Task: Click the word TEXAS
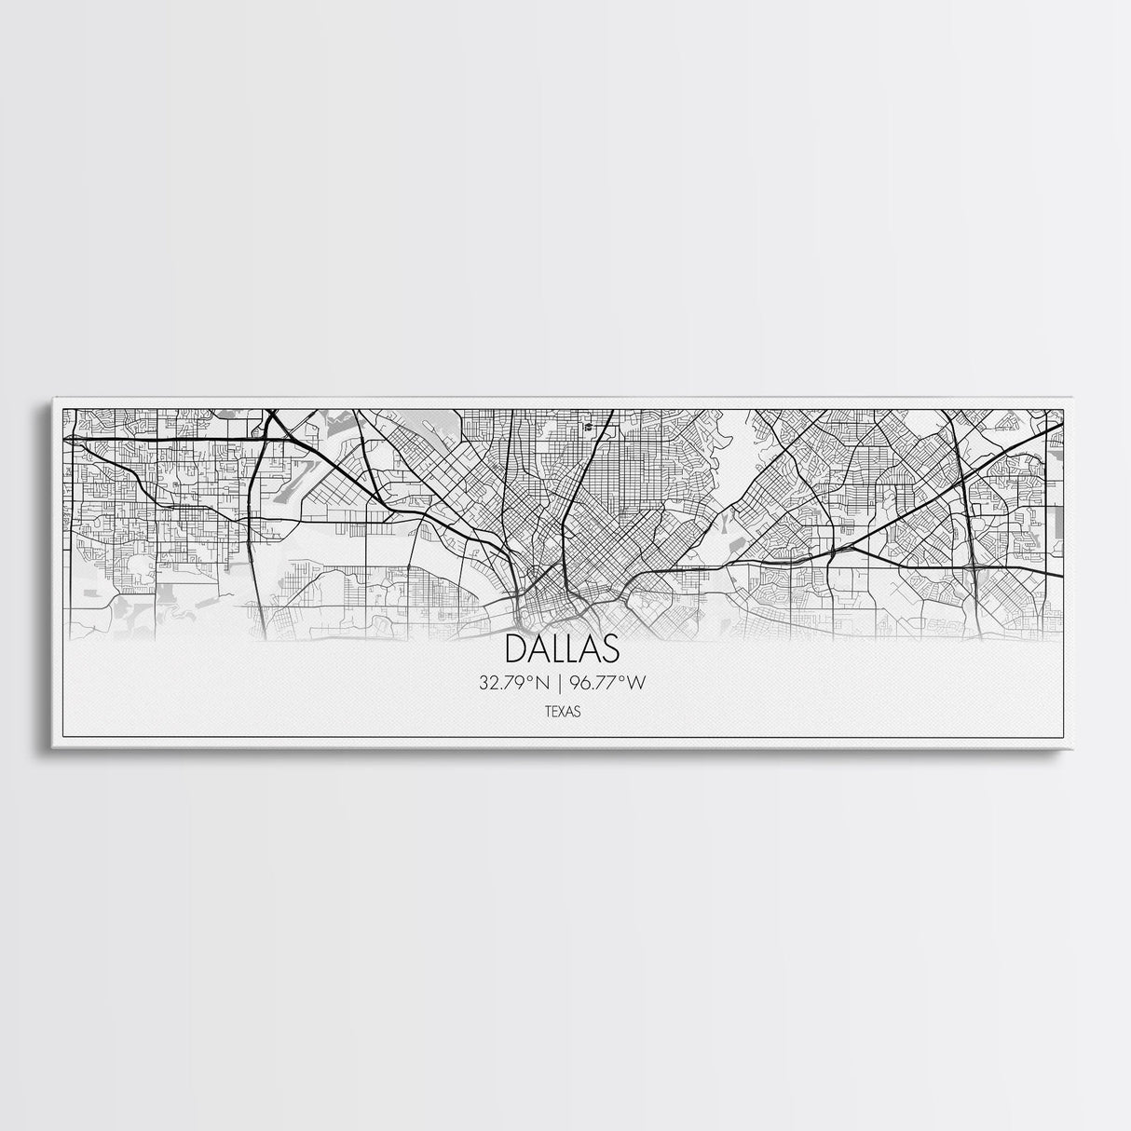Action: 562,711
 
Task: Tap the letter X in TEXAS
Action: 562,711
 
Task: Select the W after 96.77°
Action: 636,683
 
